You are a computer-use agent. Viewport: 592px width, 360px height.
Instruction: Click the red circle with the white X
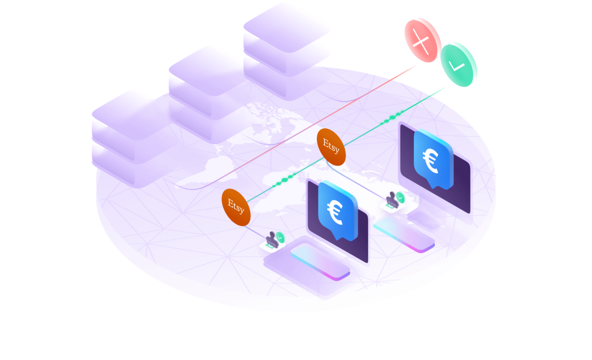coord(423,40)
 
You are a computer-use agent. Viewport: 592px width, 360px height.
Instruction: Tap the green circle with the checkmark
coord(458,64)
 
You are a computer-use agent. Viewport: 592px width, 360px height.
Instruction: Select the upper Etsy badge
coord(331,146)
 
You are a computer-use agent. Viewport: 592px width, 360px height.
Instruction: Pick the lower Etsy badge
coord(236,206)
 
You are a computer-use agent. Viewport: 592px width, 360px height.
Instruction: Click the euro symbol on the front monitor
coord(336,211)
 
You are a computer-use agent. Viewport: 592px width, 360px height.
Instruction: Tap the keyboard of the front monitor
coord(320,261)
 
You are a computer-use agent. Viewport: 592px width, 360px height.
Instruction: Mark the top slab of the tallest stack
coord(287,23)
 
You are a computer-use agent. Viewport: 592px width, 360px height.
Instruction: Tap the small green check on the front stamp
coord(280,236)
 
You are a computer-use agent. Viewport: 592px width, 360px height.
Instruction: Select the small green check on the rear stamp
coord(401,197)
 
